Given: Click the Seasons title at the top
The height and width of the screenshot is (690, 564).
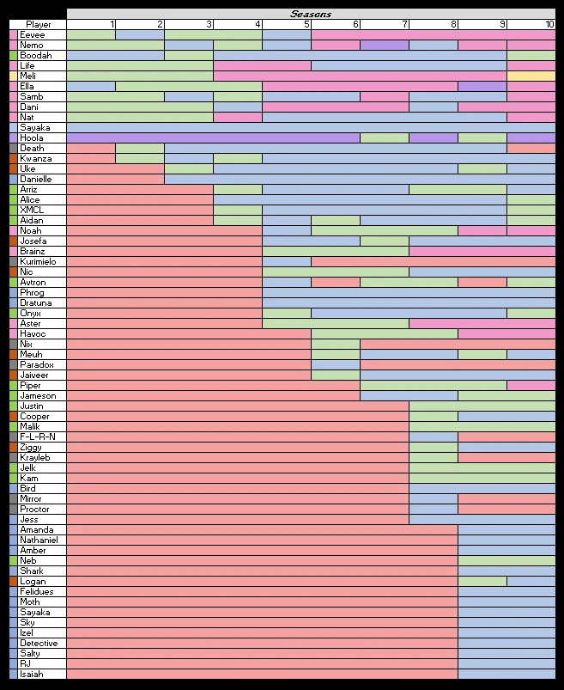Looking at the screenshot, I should click(x=310, y=14).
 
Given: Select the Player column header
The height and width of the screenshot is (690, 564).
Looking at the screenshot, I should click(x=38, y=24).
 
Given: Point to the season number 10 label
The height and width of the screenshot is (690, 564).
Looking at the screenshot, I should click(x=549, y=24).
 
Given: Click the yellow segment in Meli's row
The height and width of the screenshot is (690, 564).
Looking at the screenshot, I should click(x=531, y=76).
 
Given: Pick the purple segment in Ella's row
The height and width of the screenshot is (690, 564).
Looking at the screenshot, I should click(x=482, y=86).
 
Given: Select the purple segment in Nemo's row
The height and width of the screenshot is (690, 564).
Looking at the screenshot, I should click(x=385, y=45).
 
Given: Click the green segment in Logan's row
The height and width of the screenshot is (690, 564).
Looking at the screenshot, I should click(x=482, y=581).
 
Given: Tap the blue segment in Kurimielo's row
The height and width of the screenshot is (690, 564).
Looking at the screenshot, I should click(x=287, y=261).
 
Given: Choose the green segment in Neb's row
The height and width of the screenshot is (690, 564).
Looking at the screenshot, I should click(x=506, y=560).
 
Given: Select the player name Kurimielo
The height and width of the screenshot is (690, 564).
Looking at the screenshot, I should click(x=38, y=261).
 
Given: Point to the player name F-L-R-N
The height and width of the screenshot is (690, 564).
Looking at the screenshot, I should click(x=38, y=437).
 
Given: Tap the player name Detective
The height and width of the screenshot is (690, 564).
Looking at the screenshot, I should click(x=39, y=643).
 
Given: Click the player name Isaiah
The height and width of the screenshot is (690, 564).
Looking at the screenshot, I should click(x=32, y=674).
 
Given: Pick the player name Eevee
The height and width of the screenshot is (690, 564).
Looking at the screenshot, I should click(x=33, y=34).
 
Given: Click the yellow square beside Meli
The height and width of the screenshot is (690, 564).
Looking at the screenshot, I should click(x=13, y=76).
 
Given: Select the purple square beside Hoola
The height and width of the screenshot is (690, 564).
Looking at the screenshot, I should click(x=13, y=137).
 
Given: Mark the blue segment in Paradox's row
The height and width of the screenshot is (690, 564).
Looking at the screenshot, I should click(x=336, y=364).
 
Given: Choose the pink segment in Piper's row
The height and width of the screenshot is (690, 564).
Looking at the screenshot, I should click(x=531, y=385).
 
